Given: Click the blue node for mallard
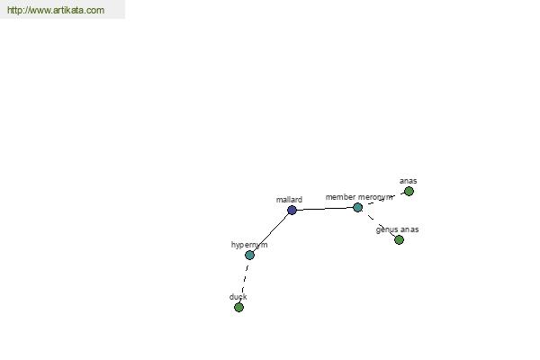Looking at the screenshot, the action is [292, 210].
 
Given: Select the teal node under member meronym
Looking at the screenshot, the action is [358, 207].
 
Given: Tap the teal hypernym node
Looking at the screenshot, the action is [249, 255].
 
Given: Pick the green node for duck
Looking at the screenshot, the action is [238, 307].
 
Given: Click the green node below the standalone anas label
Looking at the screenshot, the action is [409, 191].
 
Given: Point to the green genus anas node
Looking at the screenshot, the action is [399, 239].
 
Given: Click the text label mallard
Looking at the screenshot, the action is [289, 200].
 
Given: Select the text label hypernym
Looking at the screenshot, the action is [249, 245].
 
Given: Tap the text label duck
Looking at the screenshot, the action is [238, 297].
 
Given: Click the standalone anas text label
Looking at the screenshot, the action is [408, 181].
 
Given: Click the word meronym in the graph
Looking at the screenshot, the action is [375, 197].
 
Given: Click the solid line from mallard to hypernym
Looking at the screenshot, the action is [271, 232].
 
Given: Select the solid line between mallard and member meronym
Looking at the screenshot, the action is [325, 209].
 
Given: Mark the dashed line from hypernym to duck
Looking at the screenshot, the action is [244, 281].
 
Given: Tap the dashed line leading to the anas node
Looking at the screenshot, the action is [383, 200].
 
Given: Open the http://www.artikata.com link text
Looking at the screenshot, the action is [56, 10].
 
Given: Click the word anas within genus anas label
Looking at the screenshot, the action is [409, 229].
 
